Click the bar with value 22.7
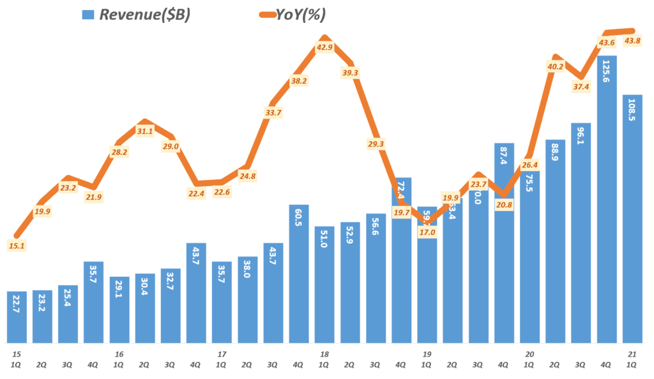pos(17,319)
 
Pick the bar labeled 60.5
pos(299,274)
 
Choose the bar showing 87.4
pos(504,242)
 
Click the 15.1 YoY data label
pos(17,246)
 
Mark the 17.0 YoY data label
pos(427,232)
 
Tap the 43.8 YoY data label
pos(632,41)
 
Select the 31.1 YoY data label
pos(145,131)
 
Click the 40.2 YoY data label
pos(555,66)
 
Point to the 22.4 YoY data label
pos(196,194)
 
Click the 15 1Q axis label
pos(17,359)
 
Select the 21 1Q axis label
pos(632,359)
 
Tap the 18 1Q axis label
pos(324,359)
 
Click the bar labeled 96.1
pos(581,233)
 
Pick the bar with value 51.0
pos(324,284)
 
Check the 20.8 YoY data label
pos(504,204)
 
